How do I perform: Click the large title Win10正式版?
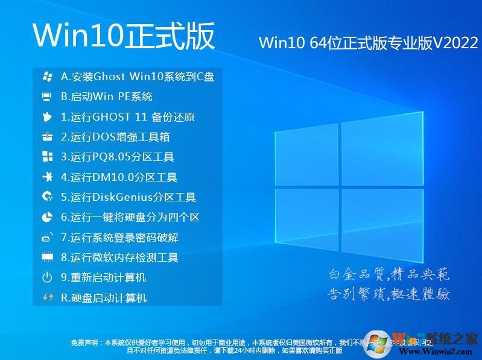tap(124, 36)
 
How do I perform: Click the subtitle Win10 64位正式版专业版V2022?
tap(368, 43)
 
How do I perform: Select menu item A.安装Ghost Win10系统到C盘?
tap(138, 77)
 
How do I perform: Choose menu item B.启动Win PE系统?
tap(107, 96)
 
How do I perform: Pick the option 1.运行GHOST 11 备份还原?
tap(128, 117)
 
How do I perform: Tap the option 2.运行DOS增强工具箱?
tap(115, 137)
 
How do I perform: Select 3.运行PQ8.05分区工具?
tap(118, 157)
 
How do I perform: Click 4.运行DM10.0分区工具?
tap(119, 177)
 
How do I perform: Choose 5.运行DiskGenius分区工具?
tap(128, 197)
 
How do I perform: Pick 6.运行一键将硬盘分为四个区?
tap(130, 217)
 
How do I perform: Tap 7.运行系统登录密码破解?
tap(120, 238)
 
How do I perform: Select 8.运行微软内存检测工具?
tap(119, 257)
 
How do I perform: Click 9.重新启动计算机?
tap(104, 277)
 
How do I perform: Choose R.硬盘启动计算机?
tap(104, 298)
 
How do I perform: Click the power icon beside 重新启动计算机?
tap(47, 278)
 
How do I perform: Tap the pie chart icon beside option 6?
tap(47, 217)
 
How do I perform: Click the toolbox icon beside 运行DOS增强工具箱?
tap(47, 137)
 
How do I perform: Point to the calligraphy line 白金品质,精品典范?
tap(389, 275)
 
